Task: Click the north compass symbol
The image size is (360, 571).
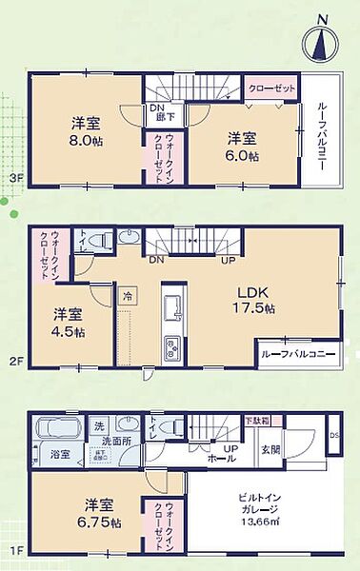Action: (320, 43)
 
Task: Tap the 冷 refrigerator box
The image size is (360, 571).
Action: (128, 297)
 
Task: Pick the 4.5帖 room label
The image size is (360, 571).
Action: (68, 323)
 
